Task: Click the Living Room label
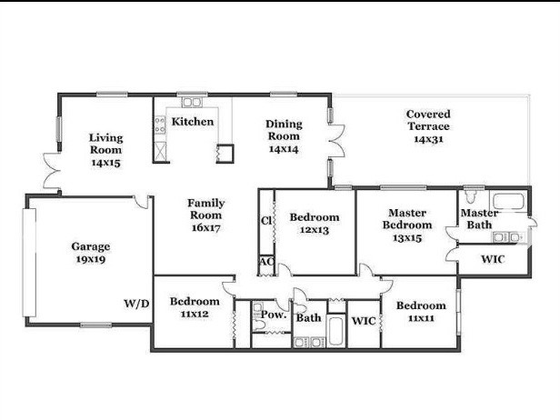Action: click(105, 150)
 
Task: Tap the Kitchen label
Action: click(193, 122)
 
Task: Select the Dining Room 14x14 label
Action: click(284, 135)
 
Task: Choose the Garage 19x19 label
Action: click(91, 253)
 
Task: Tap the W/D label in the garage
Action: click(136, 303)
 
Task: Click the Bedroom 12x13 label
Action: click(314, 224)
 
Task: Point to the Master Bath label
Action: click(478, 218)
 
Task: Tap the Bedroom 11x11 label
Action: click(420, 312)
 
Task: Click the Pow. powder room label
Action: click(274, 315)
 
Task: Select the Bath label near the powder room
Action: click(308, 318)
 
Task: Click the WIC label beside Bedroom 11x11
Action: click(364, 321)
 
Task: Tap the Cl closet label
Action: click(267, 221)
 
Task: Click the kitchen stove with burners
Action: click(161, 125)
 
